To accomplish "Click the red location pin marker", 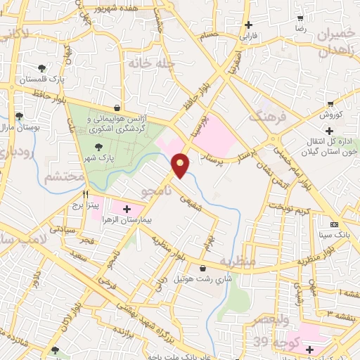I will tap(181, 165).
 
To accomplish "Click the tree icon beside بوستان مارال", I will tap(19, 117).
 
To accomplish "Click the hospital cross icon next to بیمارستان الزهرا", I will tap(127, 209).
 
